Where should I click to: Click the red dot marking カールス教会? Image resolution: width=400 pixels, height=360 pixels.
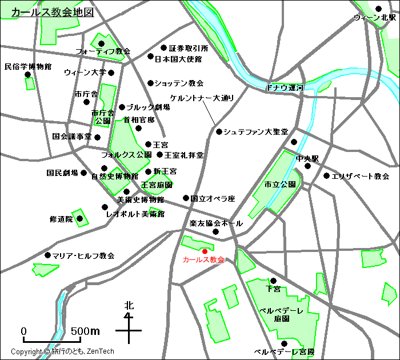click(205, 251)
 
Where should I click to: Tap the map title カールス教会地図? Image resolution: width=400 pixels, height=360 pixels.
click(53, 12)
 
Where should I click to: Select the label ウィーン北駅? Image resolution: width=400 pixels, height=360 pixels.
click(375, 18)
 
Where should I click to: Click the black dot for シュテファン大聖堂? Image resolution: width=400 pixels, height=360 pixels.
click(219, 131)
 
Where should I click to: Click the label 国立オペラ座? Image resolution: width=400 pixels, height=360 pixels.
click(213, 199)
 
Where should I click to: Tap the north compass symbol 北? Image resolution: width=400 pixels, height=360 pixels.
click(129, 306)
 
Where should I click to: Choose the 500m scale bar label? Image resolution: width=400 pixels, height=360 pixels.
click(85, 331)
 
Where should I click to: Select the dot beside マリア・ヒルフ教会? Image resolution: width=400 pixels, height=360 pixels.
click(47, 255)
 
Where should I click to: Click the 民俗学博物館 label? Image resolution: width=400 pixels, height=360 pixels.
click(27, 67)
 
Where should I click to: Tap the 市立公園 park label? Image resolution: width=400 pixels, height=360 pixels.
click(280, 185)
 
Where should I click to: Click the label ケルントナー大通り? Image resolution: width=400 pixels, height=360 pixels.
click(202, 98)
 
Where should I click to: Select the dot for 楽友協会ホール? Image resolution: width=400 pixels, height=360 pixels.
click(216, 231)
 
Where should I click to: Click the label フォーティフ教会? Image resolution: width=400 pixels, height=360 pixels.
click(103, 51)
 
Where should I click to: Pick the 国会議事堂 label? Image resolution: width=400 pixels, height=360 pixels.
click(71, 137)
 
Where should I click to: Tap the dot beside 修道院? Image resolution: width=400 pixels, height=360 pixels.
click(80, 218)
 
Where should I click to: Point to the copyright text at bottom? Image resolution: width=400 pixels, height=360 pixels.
click(63, 352)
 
